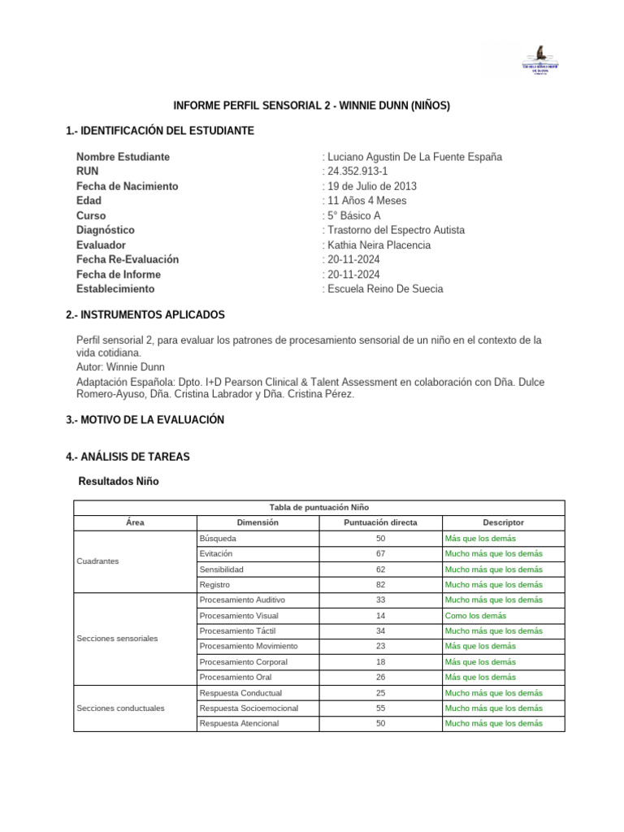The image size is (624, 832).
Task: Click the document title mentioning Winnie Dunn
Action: [312, 106]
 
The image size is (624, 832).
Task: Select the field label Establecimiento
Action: [115, 288]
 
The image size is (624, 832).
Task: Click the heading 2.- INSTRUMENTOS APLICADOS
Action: [145, 314]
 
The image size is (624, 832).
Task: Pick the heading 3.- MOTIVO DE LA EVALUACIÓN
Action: [145, 420]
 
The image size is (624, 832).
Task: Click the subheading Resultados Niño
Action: [119, 482]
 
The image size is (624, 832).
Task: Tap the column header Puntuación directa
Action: [380, 522]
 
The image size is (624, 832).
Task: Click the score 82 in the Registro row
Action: [380, 584]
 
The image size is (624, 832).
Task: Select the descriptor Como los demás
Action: [475, 616]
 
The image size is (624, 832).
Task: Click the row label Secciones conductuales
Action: [120, 708]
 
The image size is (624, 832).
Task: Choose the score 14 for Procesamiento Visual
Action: [380, 616]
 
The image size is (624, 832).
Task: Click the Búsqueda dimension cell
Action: [219, 539]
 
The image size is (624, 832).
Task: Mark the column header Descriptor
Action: [503, 522]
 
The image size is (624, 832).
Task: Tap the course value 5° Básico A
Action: [353, 215]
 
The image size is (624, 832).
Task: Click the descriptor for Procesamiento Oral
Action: [480, 677]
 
